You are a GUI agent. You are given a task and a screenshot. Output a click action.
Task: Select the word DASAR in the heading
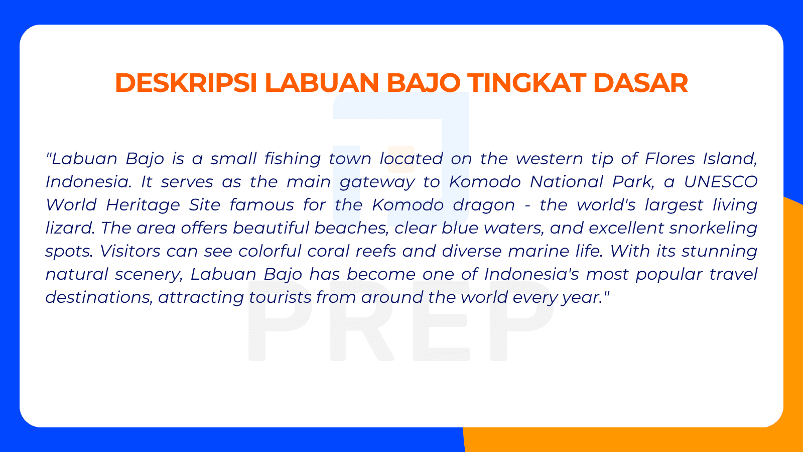pyautogui.click(x=640, y=83)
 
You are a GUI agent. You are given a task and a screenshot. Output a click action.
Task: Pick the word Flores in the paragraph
pyautogui.click(x=670, y=159)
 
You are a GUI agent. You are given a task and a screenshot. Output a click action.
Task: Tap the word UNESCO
pyautogui.click(x=721, y=182)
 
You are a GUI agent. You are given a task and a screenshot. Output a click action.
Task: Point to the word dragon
pyautogui.click(x=484, y=205)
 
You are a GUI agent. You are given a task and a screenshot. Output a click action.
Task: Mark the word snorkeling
pyautogui.click(x=713, y=229)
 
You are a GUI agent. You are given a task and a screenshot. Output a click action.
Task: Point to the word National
pyautogui.click(x=567, y=182)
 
